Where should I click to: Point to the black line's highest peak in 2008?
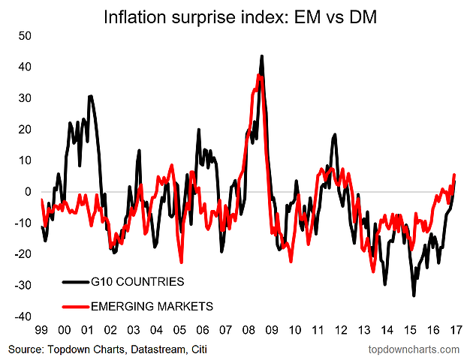click(x=261, y=56)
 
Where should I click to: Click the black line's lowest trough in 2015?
click(x=414, y=295)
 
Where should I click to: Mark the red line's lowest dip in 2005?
click(x=182, y=262)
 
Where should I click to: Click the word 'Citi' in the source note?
click(x=197, y=349)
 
